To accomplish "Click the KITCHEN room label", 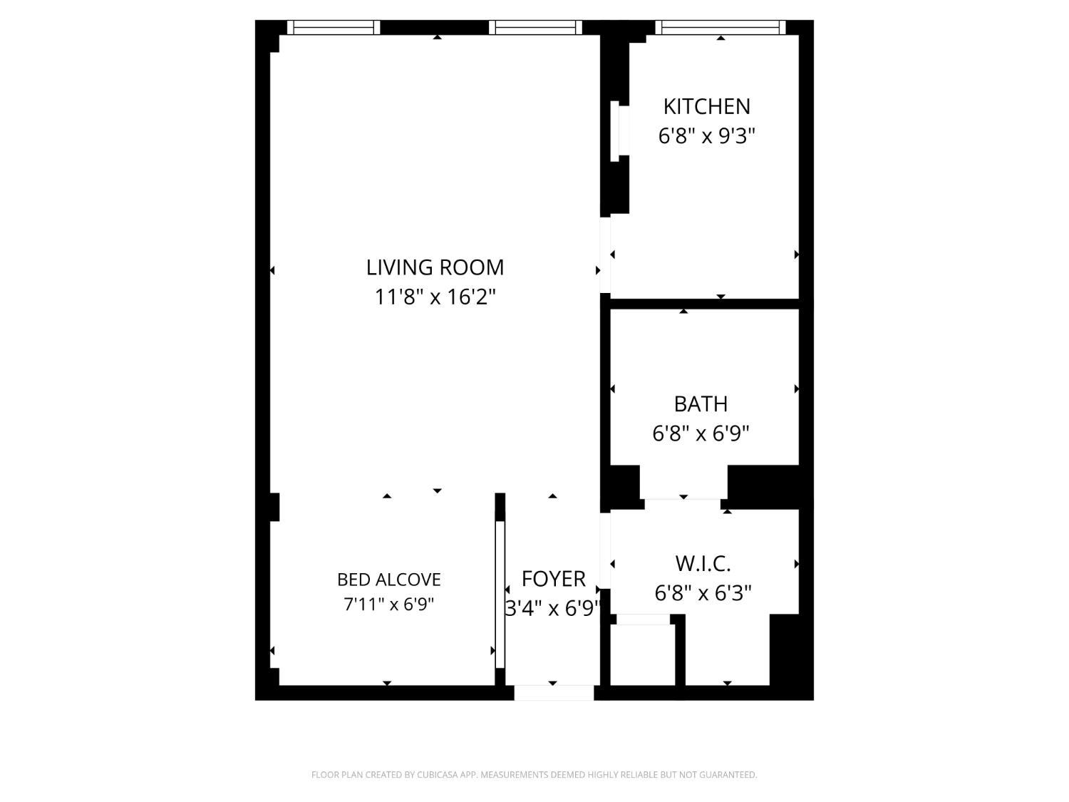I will pyautogui.click(x=706, y=106).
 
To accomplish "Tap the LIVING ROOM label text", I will pyautogui.click(x=435, y=267).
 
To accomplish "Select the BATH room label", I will pyautogui.click(x=701, y=403).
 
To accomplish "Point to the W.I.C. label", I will pyautogui.click(x=703, y=564).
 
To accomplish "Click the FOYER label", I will pyautogui.click(x=553, y=578).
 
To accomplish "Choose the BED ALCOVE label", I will pyautogui.click(x=389, y=580).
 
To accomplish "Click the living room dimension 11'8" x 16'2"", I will pyautogui.click(x=435, y=297).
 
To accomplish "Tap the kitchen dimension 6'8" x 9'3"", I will pyautogui.click(x=706, y=135).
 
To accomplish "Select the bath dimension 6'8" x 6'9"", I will pyautogui.click(x=701, y=433).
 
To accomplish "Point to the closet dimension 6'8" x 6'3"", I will pyautogui.click(x=703, y=593).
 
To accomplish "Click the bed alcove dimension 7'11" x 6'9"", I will pyautogui.click(x=389, y=605).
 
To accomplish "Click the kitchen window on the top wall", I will pyautogui.click(x=720, y=28).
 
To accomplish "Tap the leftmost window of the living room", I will pyautogui.click(x=334, y=28).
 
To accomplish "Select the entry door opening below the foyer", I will pyautogui.click(x=554, y=692).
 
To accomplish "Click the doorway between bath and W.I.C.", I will pyautogui.click(x=683, y=503).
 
